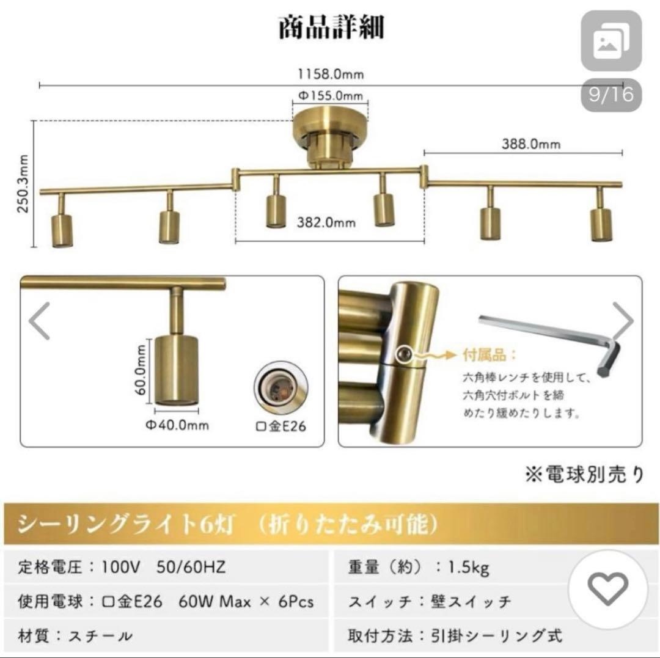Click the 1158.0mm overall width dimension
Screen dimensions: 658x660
click(x=331, y=75)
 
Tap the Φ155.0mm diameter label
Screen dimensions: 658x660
click(x=331, y=95)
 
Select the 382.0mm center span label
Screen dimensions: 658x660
click(x=326, y=222)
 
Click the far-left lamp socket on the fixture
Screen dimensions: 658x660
click(x=61, y=229)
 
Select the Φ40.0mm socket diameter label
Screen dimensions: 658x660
click(x=177, y=425)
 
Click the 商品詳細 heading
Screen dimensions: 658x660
click(x=331, y=28)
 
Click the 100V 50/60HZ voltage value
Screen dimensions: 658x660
click(x=165, y=568)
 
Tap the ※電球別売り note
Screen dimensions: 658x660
click(x=583, y=475)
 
